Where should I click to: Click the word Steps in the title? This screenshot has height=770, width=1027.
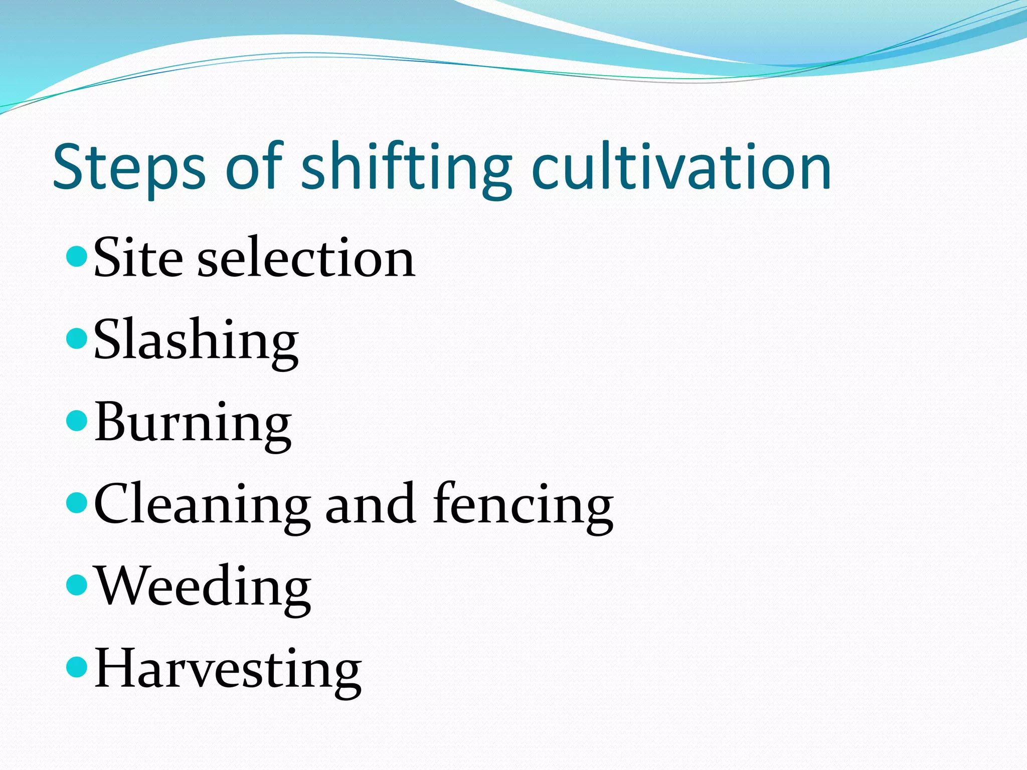pyautogui.click(x=129, y=168)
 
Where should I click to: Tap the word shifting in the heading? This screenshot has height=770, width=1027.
pyautogui.click(x=407, y=168)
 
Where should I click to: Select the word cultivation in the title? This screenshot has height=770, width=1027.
pyautogui.click(x=681, y=168)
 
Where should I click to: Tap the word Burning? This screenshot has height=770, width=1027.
pyautogui.click(x=193, y=424)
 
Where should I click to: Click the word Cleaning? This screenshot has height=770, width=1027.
pyautogui.click(x=202, y=505)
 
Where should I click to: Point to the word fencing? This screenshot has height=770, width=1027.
pyautogui.click(x=523, y=505)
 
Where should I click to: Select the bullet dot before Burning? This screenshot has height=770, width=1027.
pyautogui.click(x=77, y=421)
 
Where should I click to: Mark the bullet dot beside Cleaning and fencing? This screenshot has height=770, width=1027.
pyautogui.click(x=77, y=503)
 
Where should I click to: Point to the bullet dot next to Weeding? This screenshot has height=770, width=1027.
pyautogui.click(x=77, y=585)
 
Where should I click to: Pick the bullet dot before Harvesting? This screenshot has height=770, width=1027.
pyautogui.click(x=77, y=667)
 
